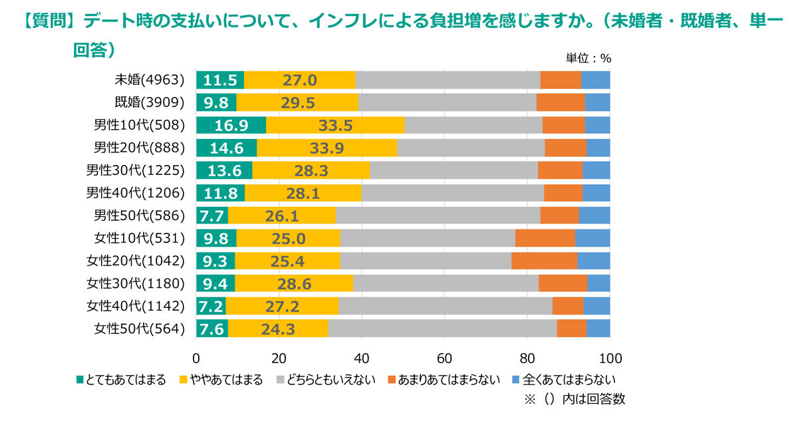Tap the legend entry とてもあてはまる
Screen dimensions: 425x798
tap(121, 380)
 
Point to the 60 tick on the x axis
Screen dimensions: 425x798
tap(444, 358)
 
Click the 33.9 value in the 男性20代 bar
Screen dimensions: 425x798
tap(327, 148)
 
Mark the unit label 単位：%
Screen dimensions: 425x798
tap(588, 58)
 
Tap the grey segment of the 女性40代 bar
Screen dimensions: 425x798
tap(446, 306)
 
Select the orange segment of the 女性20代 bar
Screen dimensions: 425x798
tap(544, 261)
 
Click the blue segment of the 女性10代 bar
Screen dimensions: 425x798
tap(593, 238)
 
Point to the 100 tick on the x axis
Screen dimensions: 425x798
tap(610, 358)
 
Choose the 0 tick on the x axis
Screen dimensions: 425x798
tap(196, 358)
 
